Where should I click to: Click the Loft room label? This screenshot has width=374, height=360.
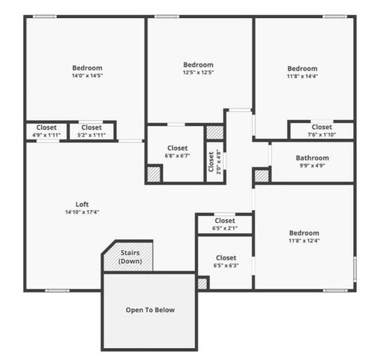coord(82,204)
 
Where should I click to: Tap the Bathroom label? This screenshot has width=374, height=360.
coord(312,158)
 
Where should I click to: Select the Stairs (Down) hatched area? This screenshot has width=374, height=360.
coord(130,257)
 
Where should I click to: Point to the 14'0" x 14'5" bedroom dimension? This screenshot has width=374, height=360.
coord(87,76)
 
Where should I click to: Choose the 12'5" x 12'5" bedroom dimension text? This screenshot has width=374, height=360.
coord(199,73)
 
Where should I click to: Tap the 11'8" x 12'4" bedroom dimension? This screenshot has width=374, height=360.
coord(304,240)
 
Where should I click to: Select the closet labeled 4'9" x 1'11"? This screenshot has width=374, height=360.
coord(46,130)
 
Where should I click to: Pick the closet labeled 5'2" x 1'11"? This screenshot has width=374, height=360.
coord(91,130)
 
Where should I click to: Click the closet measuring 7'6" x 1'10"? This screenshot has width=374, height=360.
coord(322,130)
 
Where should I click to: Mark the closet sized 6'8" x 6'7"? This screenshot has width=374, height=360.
coord(178,151)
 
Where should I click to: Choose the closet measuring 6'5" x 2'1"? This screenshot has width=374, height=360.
coord(225,224)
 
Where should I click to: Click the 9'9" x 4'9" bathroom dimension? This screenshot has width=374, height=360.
coord(312,166)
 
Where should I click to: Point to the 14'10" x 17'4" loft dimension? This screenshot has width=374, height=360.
coord(82,212)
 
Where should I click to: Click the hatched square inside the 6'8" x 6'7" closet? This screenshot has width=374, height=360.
coord(154,173)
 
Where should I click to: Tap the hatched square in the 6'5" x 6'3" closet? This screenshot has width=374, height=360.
coord(202,283)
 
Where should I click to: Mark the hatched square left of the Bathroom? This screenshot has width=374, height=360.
coord(261,175)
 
